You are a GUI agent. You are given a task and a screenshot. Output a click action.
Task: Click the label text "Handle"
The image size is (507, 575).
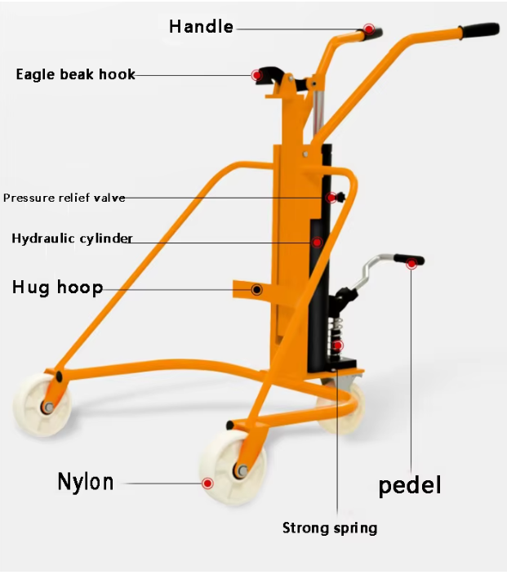201,27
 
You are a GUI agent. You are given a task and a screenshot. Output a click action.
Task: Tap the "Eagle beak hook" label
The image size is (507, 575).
75,74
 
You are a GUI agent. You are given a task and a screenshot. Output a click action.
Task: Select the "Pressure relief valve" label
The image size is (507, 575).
64,198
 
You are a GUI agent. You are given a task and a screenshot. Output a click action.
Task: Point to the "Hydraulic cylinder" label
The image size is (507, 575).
72,238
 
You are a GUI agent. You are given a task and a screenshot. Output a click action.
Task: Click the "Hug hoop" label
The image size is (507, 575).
57,287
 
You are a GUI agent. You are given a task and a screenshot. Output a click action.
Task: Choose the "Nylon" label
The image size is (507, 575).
86,482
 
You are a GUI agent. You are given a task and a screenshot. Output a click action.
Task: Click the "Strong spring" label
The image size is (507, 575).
330,528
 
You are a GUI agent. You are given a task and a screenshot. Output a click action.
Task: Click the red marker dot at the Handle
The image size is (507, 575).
369,29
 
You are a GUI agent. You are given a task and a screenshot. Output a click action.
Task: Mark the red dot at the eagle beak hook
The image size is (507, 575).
256,75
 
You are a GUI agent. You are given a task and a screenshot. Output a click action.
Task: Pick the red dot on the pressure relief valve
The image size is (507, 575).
331,198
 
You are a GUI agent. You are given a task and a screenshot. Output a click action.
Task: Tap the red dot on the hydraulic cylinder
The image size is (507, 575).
316,242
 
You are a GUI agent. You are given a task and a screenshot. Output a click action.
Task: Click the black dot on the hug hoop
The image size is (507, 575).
256,289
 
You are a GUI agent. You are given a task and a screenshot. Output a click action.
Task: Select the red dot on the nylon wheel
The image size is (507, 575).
207,484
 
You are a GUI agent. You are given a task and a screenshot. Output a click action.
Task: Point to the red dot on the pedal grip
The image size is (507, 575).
411,263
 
